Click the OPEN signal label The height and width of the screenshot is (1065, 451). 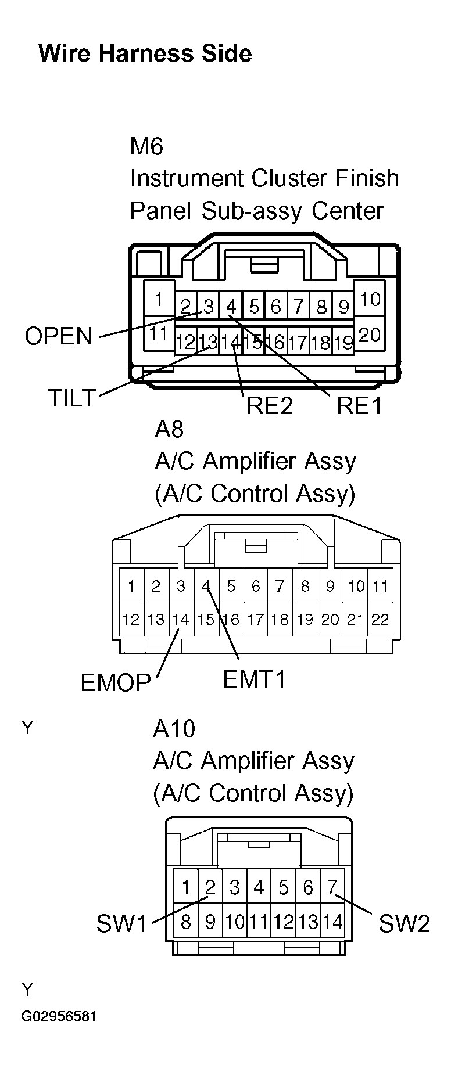[x=59, y=336]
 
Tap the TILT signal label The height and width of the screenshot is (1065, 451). [x=71, y=398]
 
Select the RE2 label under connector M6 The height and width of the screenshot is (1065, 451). [x=270, y=406]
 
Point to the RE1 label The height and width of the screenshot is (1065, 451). [x=359, y=406]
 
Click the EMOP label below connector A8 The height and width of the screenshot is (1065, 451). [x=116, y=683]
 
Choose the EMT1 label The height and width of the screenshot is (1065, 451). [x=255, y=678]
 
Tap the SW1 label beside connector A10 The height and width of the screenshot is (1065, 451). [x=122, y=923]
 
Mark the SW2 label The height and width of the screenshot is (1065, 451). [x=405, y=923]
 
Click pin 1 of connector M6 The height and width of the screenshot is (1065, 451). [x=158, y=300]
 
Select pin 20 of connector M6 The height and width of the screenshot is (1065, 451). [x=370, y=334]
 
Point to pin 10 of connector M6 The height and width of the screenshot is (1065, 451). [x=370, y=300]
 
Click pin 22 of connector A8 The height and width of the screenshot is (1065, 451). [x=380, y=620]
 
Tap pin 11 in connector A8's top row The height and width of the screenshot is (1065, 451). [x=380, y=586]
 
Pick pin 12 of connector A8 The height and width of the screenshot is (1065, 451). [x=131, y=620]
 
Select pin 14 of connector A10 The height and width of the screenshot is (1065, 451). [x=332, y=922]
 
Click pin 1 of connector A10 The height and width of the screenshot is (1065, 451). [x=186, y=887]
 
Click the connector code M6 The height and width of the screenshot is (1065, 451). [x=146, y=146]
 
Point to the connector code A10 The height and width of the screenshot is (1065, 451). [x=174, y=728]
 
